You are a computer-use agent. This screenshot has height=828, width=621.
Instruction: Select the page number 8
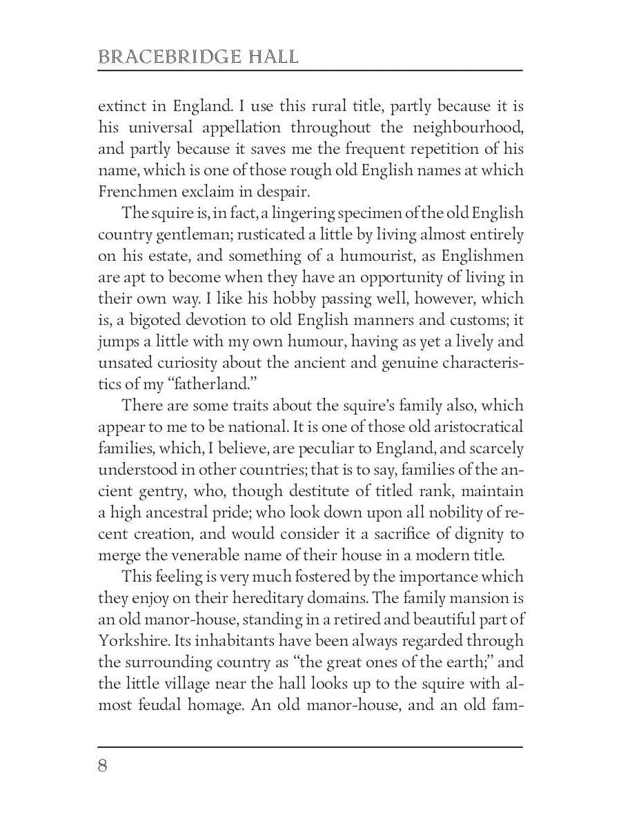point(103,767)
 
